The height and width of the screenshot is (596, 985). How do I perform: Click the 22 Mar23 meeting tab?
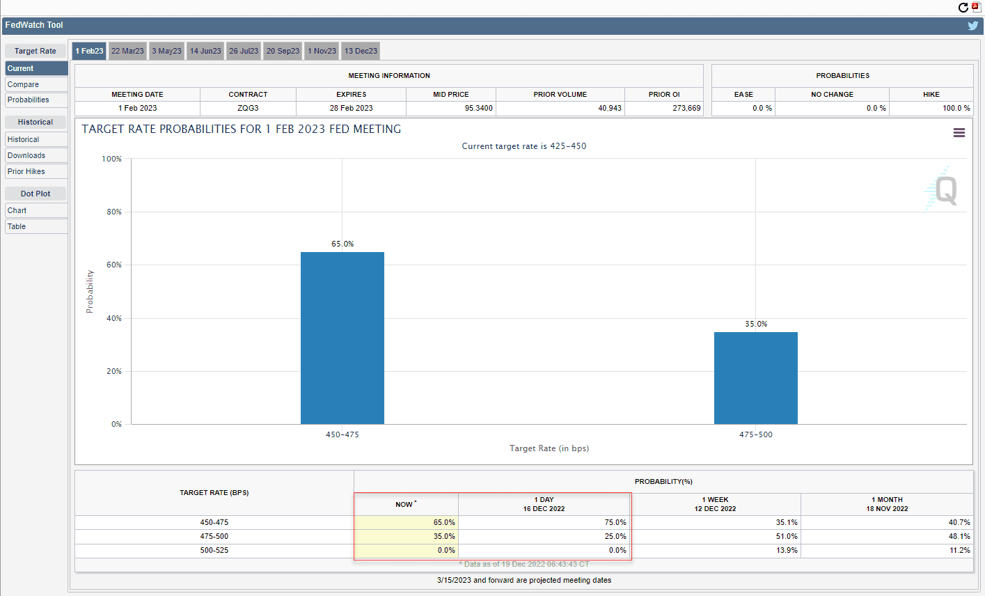point(127,51)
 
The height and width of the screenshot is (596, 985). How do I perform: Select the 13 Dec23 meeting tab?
point(361,51)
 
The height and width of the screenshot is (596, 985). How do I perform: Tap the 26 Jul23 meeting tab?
point(244,51)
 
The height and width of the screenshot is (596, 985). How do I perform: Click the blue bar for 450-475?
point(342,338)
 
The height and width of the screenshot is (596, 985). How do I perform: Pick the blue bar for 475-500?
point(756,378)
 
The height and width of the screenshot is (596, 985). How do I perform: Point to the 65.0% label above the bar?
point(342,244)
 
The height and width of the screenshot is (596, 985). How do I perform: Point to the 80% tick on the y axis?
point(114,212)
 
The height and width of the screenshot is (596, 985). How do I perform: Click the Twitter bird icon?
point(972,26)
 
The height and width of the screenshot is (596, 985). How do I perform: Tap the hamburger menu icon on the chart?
point(959,132)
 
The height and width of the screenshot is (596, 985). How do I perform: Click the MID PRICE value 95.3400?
point(478,108)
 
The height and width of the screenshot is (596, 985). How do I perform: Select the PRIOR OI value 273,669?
point(686,108)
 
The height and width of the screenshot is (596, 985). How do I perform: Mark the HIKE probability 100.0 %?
point(956,108)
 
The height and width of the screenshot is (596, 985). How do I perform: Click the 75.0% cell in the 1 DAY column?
point(615,522)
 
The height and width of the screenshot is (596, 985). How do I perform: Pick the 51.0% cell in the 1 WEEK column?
point(787,536)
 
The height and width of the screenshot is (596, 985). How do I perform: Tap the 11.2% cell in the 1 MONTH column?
point(959,550)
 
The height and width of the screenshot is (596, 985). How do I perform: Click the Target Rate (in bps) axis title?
point(549,448)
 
